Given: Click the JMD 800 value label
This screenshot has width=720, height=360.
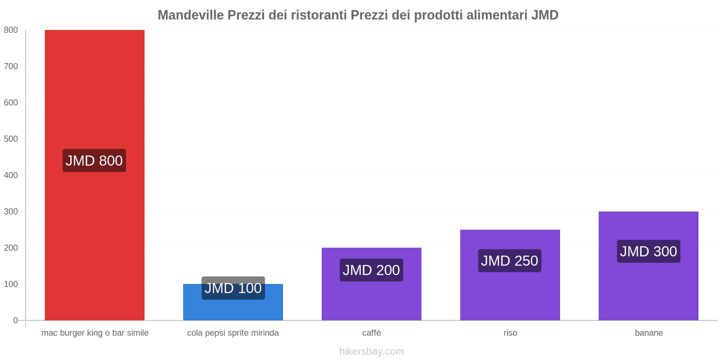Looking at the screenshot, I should pyautogui.click(x=94, y=161).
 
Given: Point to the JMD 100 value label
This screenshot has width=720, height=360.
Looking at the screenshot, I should pyautogui.click(x=233, y=288).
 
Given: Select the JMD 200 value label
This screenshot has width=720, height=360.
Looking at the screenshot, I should pyautogui.click(x=371, y=270).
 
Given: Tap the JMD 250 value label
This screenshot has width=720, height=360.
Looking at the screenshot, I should pyautogui.click(x=509, y=261).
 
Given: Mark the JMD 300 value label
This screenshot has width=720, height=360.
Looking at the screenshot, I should pyautogui.click(x=648, y=251).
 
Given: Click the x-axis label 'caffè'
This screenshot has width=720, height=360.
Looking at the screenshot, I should pyautogui.click(x=372, y=333).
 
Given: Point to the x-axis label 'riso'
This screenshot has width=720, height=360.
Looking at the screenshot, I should pyautogui.click(x=510, y=333).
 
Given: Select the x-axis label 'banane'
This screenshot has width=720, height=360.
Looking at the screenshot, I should pyautogui.click(x=649, y=333).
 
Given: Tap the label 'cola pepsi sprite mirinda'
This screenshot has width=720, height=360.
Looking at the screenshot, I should pyautogui.click(x=233, y=333).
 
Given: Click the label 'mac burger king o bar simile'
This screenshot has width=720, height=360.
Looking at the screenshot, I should pyautogui.click(x=95, y=333).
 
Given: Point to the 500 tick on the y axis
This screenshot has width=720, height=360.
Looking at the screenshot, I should pyautogui.click(x=11, y=139).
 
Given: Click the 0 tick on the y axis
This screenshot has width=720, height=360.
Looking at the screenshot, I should pyautogui.click(x=15, y=320).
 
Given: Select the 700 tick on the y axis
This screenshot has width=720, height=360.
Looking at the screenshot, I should pyautogui.click(x=11, y=66).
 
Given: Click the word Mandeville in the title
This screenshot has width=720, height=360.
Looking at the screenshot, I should pyautogui.click(x=190, y=15).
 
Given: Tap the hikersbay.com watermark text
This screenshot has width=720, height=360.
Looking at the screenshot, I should pyautogui.click(x=372, y=351).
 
